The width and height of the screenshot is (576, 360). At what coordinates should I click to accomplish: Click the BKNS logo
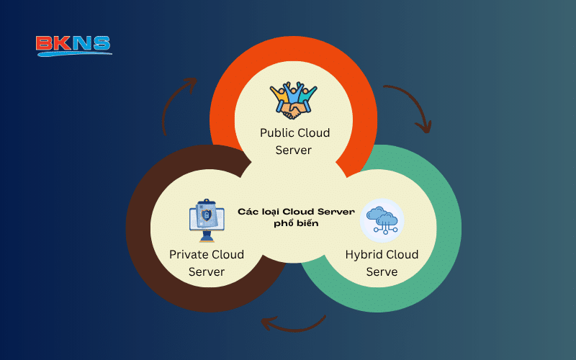coord(73,45)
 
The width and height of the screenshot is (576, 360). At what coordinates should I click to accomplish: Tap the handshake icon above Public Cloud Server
coord(294,99)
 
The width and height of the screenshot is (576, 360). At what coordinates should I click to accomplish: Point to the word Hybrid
coord(364,255)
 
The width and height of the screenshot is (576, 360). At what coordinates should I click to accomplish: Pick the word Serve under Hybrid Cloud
coord(382,272)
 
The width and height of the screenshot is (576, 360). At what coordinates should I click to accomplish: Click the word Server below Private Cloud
coord(207,272)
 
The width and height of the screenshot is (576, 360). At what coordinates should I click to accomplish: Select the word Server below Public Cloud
coord(294,150)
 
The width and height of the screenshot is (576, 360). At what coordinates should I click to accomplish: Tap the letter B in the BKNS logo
coord(45,45)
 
